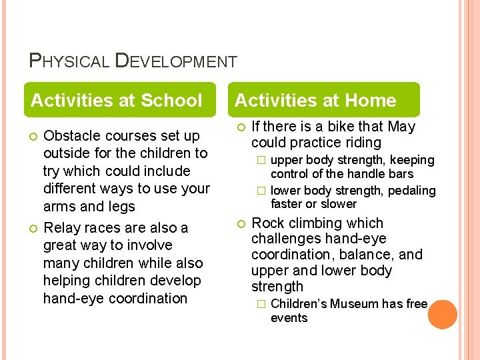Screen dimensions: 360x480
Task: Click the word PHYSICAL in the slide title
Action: pyautogui.click(x=69, y=61)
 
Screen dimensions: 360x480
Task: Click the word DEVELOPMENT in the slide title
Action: pyautogui.click(x=176, y=61)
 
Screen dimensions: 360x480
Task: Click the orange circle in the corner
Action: pyautogui.click(x=442, y=315)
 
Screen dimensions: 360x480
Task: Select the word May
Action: pyautogui.click(x=401, y=127)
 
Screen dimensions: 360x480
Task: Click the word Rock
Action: pyautogui.click(x=267, y=223)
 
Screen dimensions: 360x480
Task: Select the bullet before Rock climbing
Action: pyautogui.click(x=241, y=223)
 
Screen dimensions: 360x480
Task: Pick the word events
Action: pyautogui.click(x=289, y=318)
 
